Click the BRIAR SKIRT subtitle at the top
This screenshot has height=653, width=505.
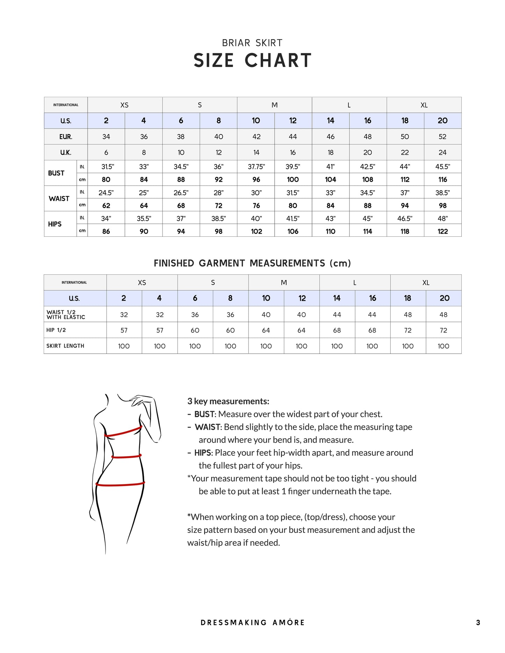(252, 43)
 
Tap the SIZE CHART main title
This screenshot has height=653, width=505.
(252, 60)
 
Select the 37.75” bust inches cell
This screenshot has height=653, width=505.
(256, 167)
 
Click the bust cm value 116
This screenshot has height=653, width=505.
(442, 179)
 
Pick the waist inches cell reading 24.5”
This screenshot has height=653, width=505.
(106, 193)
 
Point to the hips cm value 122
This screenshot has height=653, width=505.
(442, 231)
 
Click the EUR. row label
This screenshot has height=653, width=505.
(66, 137)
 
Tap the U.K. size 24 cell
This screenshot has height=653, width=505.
(442, 153)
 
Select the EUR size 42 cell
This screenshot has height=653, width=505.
(256, 137)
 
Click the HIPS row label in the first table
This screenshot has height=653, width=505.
(55, 224)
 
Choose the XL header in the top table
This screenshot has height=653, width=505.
(424, 105)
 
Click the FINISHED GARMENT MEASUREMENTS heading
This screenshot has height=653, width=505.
(252, 263)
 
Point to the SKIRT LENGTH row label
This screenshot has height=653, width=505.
(65, 346)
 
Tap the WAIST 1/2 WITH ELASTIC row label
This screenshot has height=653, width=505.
(66, 315)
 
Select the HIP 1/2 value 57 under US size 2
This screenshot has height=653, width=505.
(124, 330)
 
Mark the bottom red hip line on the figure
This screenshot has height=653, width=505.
(120, 484)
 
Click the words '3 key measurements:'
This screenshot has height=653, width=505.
(228, 401)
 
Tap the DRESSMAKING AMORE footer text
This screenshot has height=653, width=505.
(252, 622)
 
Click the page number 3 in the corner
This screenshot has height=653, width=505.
(478, 622)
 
